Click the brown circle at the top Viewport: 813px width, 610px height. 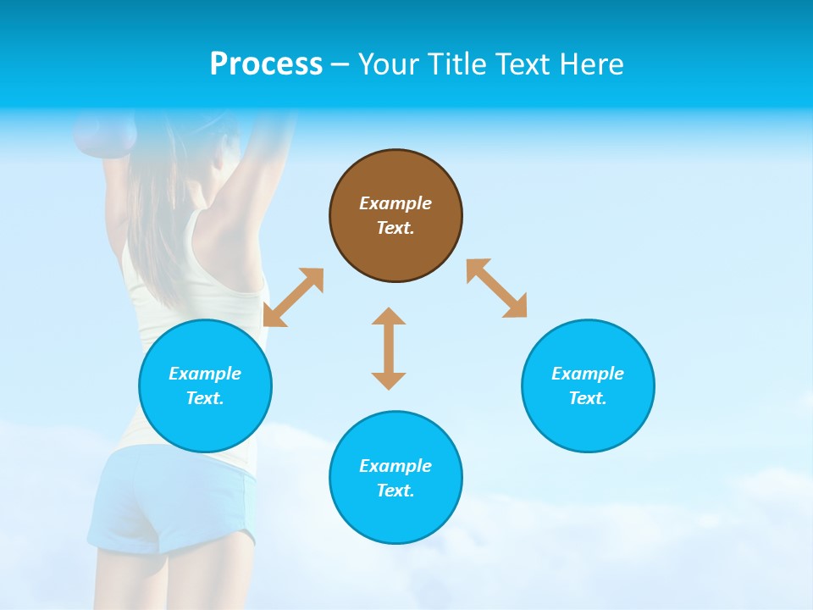point(395,216)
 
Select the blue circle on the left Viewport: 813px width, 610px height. point(205,385)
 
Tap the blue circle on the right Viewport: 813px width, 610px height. point(588,385)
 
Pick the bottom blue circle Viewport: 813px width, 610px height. point(395,478)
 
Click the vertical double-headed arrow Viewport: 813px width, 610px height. point(389,348)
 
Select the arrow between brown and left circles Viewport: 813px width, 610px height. point(294,297)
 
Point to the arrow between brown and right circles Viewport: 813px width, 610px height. point(496,288)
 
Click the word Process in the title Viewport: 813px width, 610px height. point(266,64)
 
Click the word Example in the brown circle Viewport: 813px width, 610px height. point(395,203)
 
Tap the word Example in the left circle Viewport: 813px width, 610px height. point(205,374)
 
